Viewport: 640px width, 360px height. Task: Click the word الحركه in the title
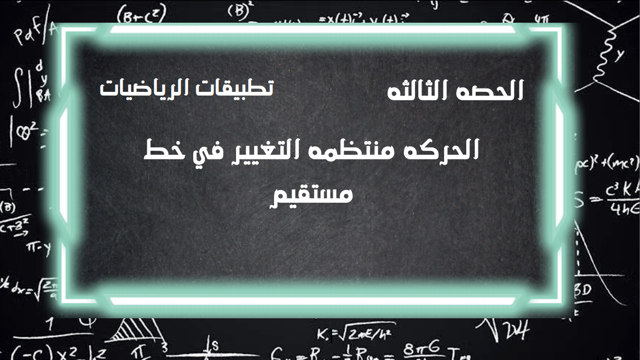click(x=449, y=150)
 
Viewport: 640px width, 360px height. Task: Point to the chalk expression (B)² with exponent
click(x=241, y=11)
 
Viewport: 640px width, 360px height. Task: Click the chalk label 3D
click(x=582, y=290)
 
